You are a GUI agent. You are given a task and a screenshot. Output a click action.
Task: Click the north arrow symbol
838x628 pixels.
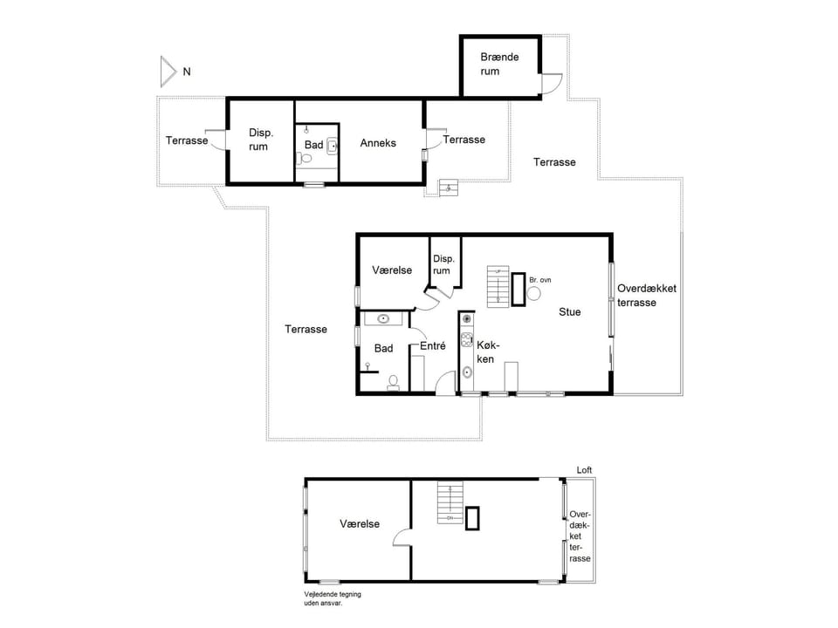(x=168, y=71)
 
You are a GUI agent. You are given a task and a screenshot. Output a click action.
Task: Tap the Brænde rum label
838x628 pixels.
(x=499, y=64)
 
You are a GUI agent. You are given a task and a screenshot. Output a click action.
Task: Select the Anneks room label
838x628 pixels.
(x=378, y=143)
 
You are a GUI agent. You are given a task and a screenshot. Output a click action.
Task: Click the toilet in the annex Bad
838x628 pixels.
(x=303, y=159)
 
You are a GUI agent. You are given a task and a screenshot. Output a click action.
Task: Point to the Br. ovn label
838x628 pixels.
(x=540, y=280)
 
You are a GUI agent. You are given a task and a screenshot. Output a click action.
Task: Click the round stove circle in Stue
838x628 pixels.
(x=533, y=295)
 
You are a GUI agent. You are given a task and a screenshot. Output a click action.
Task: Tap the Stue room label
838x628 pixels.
(x=570, y=311)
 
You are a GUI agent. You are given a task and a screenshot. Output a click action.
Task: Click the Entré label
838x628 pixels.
(x=433, y=345)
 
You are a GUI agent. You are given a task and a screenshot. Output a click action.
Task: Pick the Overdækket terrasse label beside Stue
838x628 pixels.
(x=647, y=295)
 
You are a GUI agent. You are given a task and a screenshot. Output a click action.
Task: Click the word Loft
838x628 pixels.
(x=584, y=470)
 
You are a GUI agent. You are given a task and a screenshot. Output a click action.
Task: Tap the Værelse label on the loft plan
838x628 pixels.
(x=360, y=524)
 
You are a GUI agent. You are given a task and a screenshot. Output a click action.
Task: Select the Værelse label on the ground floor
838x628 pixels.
(x=392, y=270)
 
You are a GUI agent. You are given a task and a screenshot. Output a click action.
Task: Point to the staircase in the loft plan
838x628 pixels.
(x=450, y=504)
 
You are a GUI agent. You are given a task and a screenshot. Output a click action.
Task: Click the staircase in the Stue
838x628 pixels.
(x=498, y=287)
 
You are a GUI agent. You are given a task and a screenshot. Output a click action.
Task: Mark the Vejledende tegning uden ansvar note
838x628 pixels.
(x=332, y=598)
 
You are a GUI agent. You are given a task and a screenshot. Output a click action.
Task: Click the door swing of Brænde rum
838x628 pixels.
(x=551, y=83)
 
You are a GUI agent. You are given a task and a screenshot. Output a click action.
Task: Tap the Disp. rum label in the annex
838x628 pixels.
(x=260, y=140)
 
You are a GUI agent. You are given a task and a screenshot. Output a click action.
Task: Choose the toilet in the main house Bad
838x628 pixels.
(x=394, y=381)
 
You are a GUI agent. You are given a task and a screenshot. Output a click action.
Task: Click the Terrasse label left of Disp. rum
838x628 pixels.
(x=187, y=140)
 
